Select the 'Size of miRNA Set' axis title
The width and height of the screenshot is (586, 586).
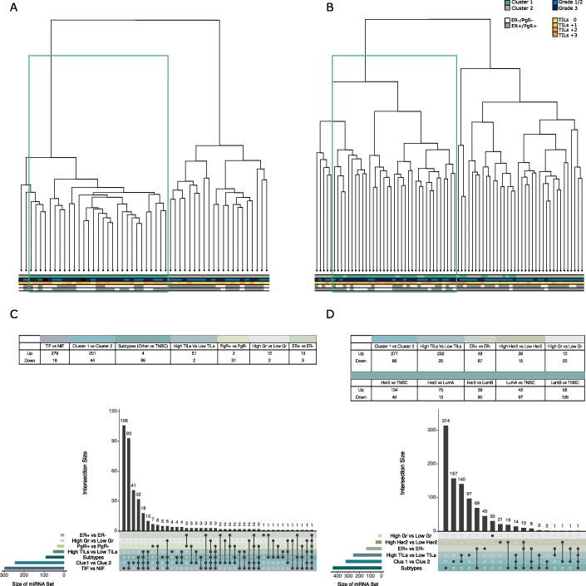34,581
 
